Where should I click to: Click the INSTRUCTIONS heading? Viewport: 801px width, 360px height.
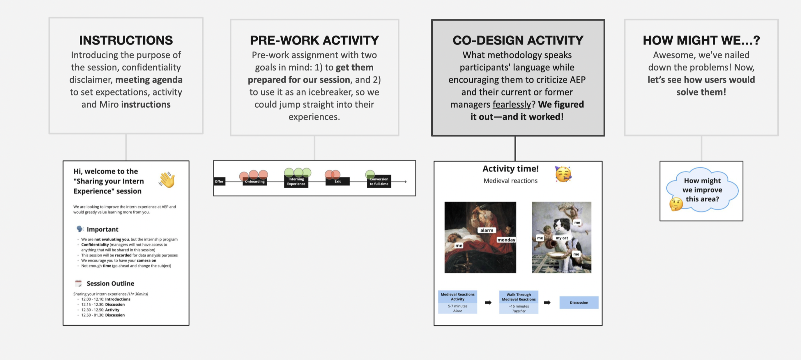click(x=126, y=40)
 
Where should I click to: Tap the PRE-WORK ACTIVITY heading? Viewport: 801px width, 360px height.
click(x=314, y=40)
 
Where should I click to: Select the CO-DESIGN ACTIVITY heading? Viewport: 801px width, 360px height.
click(x=518, y=40)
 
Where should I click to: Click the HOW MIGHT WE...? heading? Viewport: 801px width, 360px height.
click(x=701, y=40)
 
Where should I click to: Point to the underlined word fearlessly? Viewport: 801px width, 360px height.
click(x=512, y=104)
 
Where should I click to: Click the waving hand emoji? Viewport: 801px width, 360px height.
click(x=167, y=180)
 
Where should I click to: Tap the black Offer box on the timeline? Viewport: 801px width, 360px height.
click(x=219, y=181)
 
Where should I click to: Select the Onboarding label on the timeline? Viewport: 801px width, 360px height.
click(x=255, y=181)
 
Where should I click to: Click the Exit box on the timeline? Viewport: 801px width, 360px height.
click(x=337, y=181)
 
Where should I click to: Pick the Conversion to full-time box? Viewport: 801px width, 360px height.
click(x=379, y=181)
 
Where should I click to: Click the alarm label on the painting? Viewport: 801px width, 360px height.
click(x=487, y=230)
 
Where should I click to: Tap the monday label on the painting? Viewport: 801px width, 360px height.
click(x=506, y=240)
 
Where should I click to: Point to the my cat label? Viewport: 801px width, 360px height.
click(x=562, y=238)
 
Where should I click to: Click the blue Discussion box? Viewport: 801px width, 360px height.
click(x=579, y=302)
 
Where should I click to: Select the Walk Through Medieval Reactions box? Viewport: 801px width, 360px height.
click(x=519, y=302)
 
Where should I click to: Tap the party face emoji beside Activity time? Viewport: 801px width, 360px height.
click(x=563, y=174)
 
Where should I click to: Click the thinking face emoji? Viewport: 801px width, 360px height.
click(x=676, y=204)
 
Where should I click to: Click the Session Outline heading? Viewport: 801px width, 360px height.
click(x=110, y=283)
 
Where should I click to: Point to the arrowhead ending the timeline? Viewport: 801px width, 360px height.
click(x=406, y=181)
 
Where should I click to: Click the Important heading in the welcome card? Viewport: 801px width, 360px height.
click(x=103, y=229)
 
